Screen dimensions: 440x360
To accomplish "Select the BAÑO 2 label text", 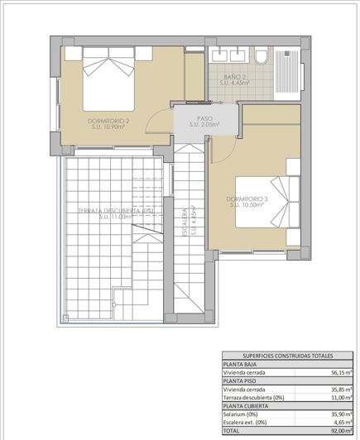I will pos(235,81).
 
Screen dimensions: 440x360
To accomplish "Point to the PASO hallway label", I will pos(204,122).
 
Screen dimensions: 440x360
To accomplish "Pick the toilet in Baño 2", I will pos(261,57).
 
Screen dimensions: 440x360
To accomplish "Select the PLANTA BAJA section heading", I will pos(244,365).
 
